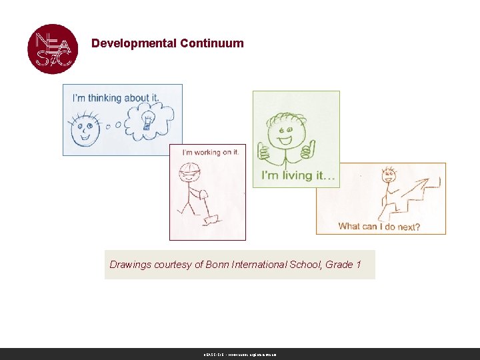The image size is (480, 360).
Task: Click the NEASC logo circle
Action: [x=53, y=49]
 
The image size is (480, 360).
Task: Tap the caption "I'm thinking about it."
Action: [x=116, y=97]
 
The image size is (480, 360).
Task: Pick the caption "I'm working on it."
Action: [x=210, y=152]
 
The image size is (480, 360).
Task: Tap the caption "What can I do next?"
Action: [x=379, y=227]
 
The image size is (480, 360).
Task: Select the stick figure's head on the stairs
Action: [x=388, y=176]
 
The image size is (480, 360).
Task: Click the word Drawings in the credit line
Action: [x=131, y=265]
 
